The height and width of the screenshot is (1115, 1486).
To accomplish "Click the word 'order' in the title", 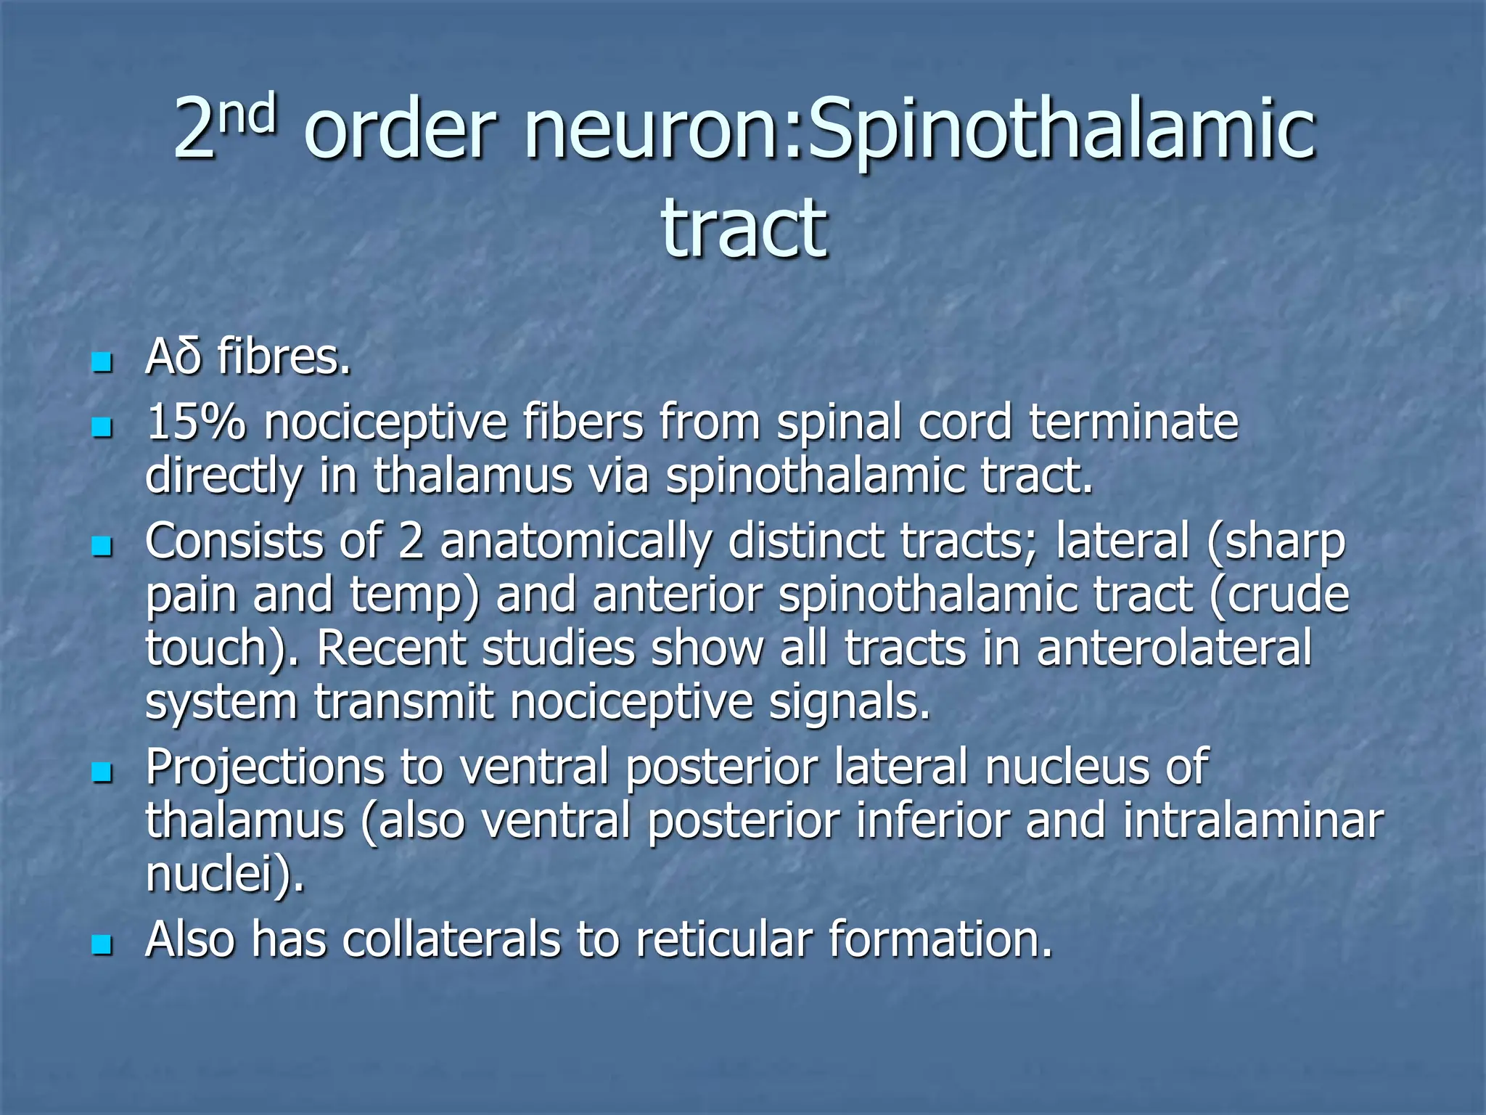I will pyautogui.click(x=400, y=131).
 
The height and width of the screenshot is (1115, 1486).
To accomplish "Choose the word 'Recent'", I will pyautogui.click(x=391, y=648).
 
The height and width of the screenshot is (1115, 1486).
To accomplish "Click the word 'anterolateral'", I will pyautogui.click(x=1174, y=648).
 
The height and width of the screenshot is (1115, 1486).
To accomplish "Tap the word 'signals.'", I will pyautogui.click(x=850, y=703).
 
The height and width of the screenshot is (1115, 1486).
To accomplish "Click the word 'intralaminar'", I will pyautogui.click(x=1253, y=820).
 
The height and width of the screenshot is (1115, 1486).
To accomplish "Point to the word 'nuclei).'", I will pyautogui.click(x=225, y=874).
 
